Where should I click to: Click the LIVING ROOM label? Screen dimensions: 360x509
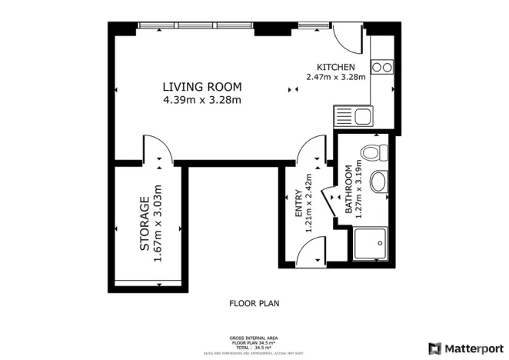click(201, 86)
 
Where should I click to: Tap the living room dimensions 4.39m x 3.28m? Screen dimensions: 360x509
click(201, 99)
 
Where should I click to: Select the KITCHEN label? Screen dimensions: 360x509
click(335, 67)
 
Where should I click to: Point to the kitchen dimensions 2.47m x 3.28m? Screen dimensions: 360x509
click(335, 77)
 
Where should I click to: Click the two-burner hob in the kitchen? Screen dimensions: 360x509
click(382, 67)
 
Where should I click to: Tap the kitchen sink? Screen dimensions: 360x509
click(353, 117)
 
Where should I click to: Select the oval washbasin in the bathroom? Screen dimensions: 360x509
click(378, 182)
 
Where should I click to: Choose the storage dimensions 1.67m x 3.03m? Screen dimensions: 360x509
click(158, 223)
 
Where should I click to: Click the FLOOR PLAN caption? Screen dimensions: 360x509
click(254, 304)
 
